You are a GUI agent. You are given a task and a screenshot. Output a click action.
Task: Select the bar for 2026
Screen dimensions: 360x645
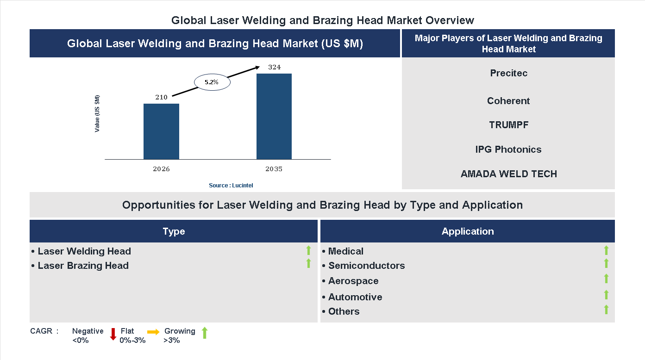click(161, 131)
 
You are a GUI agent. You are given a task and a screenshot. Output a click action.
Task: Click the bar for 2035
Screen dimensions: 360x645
click(274, 116)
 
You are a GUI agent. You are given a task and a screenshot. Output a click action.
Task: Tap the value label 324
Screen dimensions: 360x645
click(274, 68)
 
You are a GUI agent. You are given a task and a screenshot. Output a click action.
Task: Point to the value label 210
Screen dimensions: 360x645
click(161, 97)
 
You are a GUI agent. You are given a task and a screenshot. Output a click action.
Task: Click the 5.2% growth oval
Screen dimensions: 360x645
click(212, 82)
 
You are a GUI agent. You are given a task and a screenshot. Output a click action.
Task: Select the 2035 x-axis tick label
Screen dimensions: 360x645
click(274, 169)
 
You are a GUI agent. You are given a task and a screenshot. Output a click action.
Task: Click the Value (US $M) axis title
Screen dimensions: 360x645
click(97, 113)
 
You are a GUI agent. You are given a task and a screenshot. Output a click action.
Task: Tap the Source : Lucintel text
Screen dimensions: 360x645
click(231, 186)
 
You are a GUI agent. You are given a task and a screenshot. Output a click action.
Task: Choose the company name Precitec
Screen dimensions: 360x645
click(508, 73)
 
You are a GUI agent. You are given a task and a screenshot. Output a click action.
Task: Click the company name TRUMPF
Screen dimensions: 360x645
click(508, 125)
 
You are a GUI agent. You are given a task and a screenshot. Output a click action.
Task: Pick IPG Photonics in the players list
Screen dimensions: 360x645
click(508, 149)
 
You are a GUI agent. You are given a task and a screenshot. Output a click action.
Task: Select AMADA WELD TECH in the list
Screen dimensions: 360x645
click(508, 174)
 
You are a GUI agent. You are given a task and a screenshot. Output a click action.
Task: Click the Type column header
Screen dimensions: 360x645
click(174, 231)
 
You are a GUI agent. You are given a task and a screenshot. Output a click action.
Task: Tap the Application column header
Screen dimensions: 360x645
click(467, 231)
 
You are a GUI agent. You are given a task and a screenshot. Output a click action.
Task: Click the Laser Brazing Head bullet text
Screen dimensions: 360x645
click(83, 266)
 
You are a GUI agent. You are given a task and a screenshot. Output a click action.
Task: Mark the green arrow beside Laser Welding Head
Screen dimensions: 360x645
click(308, 251)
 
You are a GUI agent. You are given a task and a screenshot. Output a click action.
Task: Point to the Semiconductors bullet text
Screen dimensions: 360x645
click(366, 266)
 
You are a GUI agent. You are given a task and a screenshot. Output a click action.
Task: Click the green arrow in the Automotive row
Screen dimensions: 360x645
click(606, 295)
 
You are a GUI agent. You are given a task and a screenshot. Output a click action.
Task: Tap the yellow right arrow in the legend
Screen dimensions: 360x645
click(153, 332)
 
